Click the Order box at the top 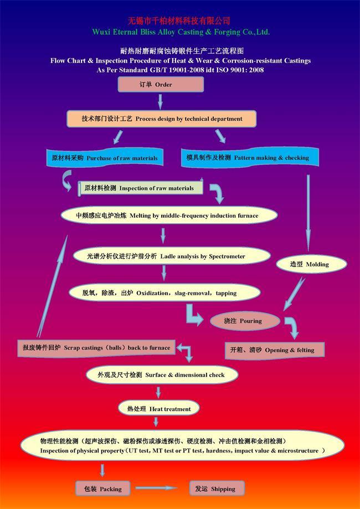161,85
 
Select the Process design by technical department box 162,119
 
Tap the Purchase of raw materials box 105,158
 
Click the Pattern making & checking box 245,157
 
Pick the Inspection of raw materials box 140,188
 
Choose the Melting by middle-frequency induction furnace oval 168,215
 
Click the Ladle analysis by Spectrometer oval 171,256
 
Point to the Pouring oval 244,321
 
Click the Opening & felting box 274,350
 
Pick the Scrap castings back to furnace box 95,347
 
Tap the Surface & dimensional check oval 162,375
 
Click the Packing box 102,489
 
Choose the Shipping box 215,489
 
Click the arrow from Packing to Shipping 156,488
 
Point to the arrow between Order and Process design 161,101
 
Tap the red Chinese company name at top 179,20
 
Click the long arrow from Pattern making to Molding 308,213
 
